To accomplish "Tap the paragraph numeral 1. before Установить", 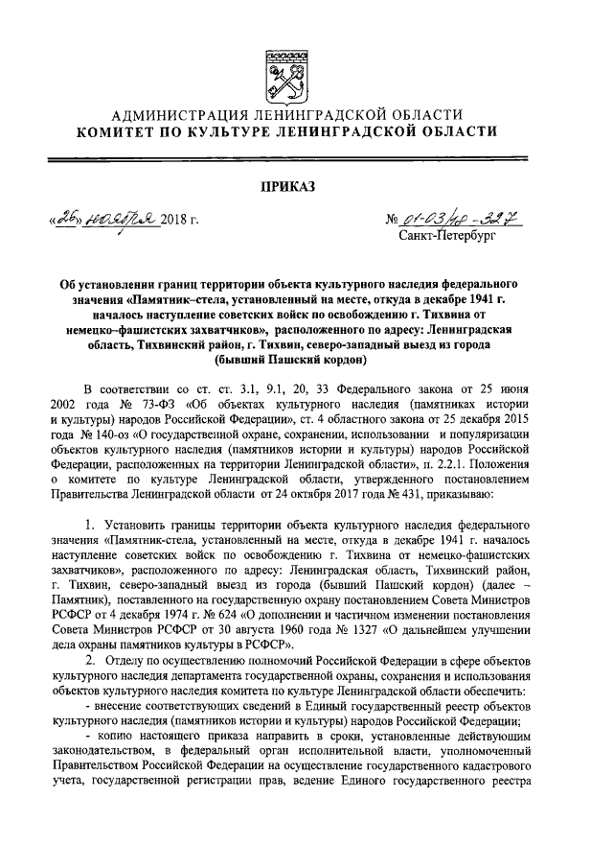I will click(90, 527).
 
